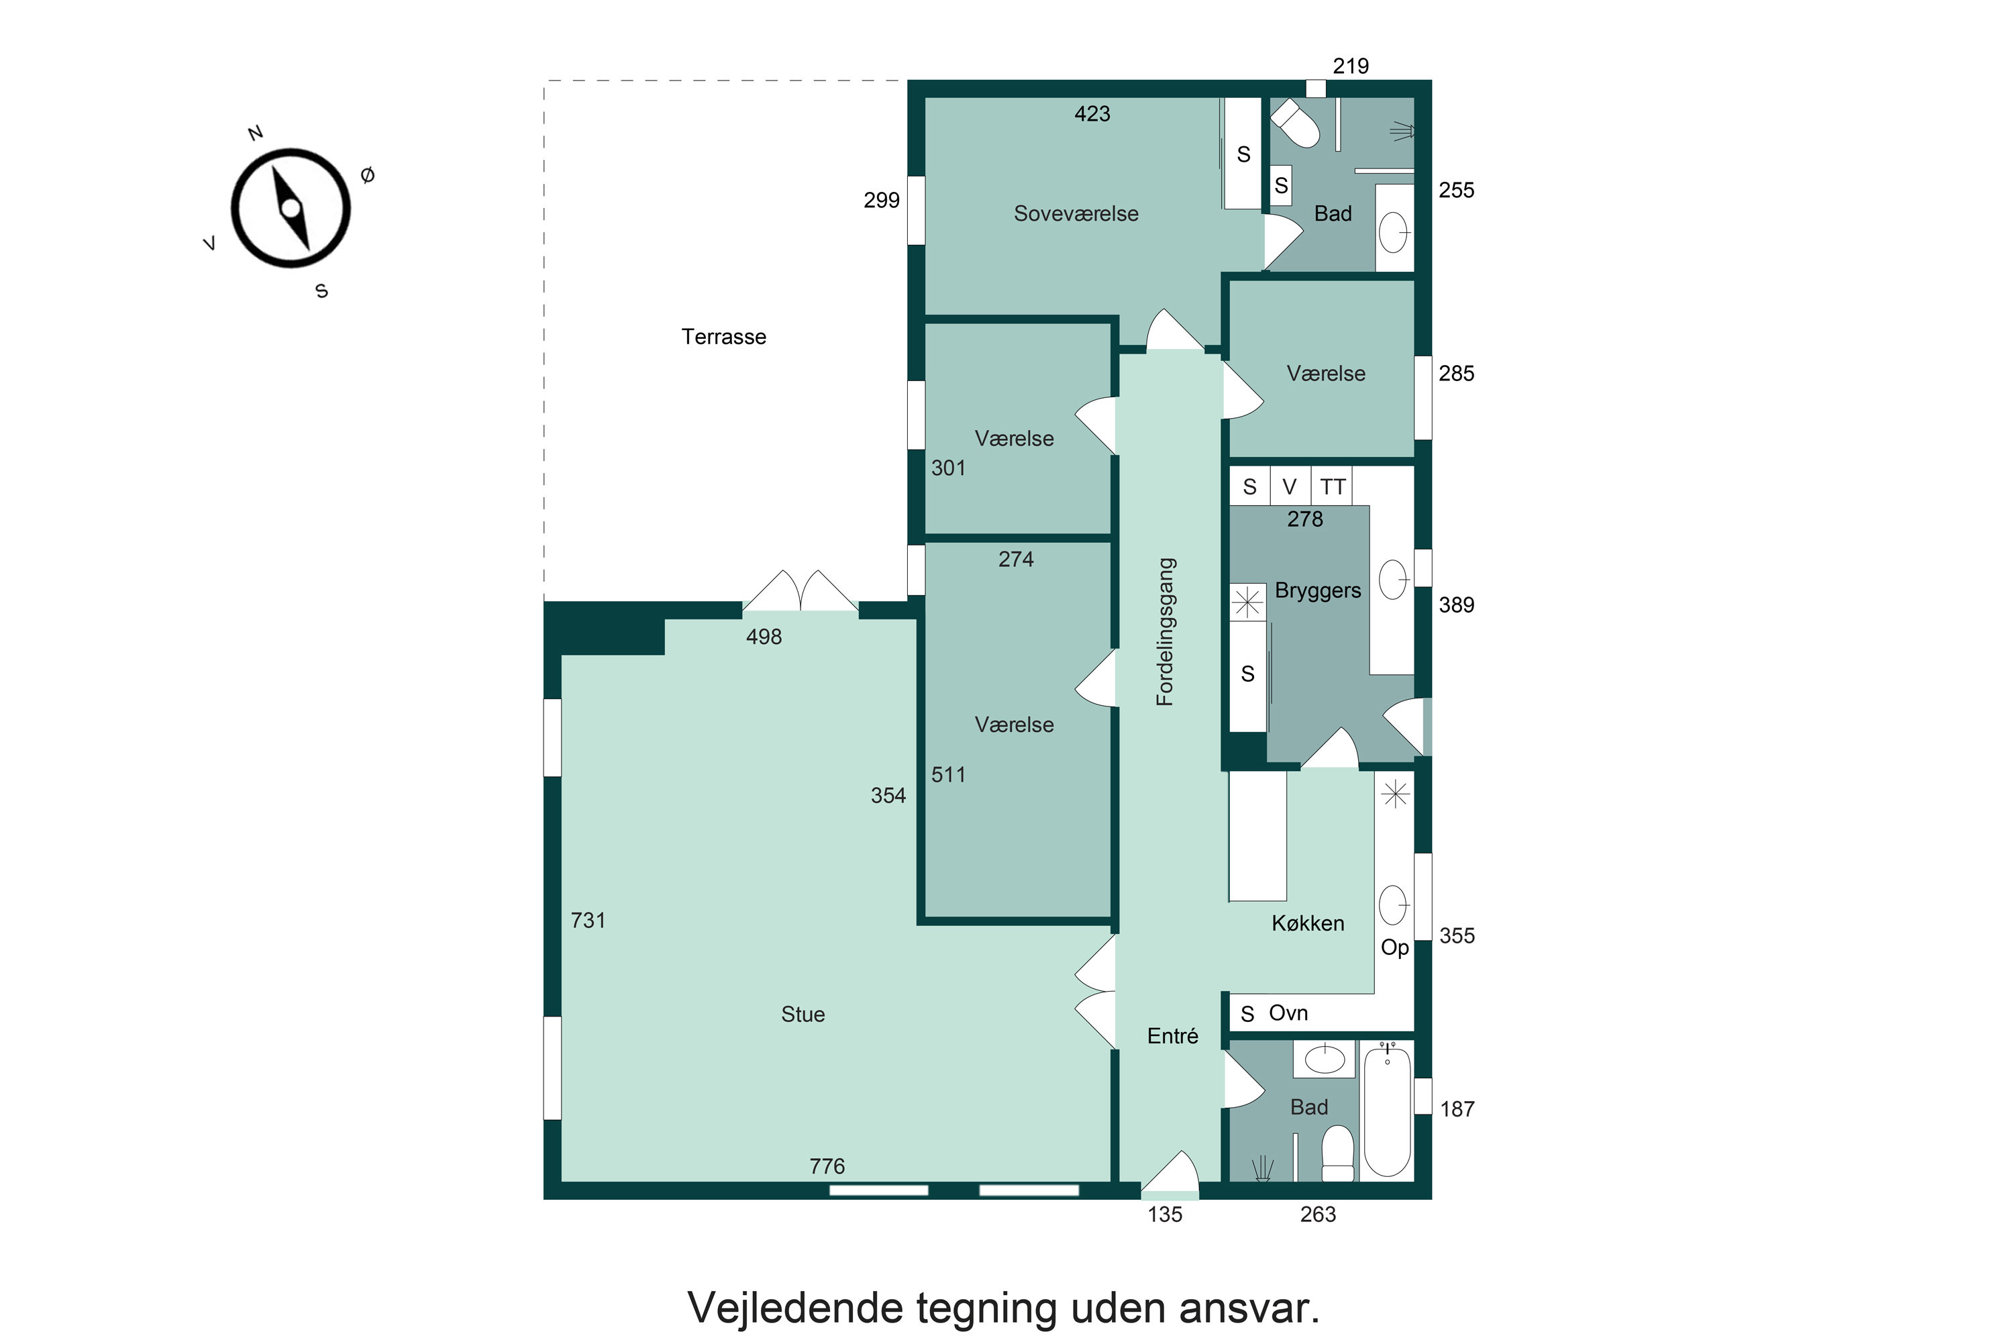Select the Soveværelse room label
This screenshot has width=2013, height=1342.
tap(1076, 214)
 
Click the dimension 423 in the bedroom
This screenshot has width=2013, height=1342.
tap(1092, 114)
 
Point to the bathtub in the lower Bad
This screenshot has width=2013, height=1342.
tap(1386, 1113)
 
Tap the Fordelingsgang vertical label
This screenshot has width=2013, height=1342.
tap(1166, 631)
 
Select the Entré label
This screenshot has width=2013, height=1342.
tap(1172, 1037)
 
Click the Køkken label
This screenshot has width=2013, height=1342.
tap(1307, 923)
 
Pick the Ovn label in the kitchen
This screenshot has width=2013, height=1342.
tap(1288, 1013)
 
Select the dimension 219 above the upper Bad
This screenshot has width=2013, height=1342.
tap(1351, 66)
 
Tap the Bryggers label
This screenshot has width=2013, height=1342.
tap(1317, 590)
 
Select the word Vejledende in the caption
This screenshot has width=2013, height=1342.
tap(795, 1308)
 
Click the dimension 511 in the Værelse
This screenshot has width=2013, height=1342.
tap(948, 774)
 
